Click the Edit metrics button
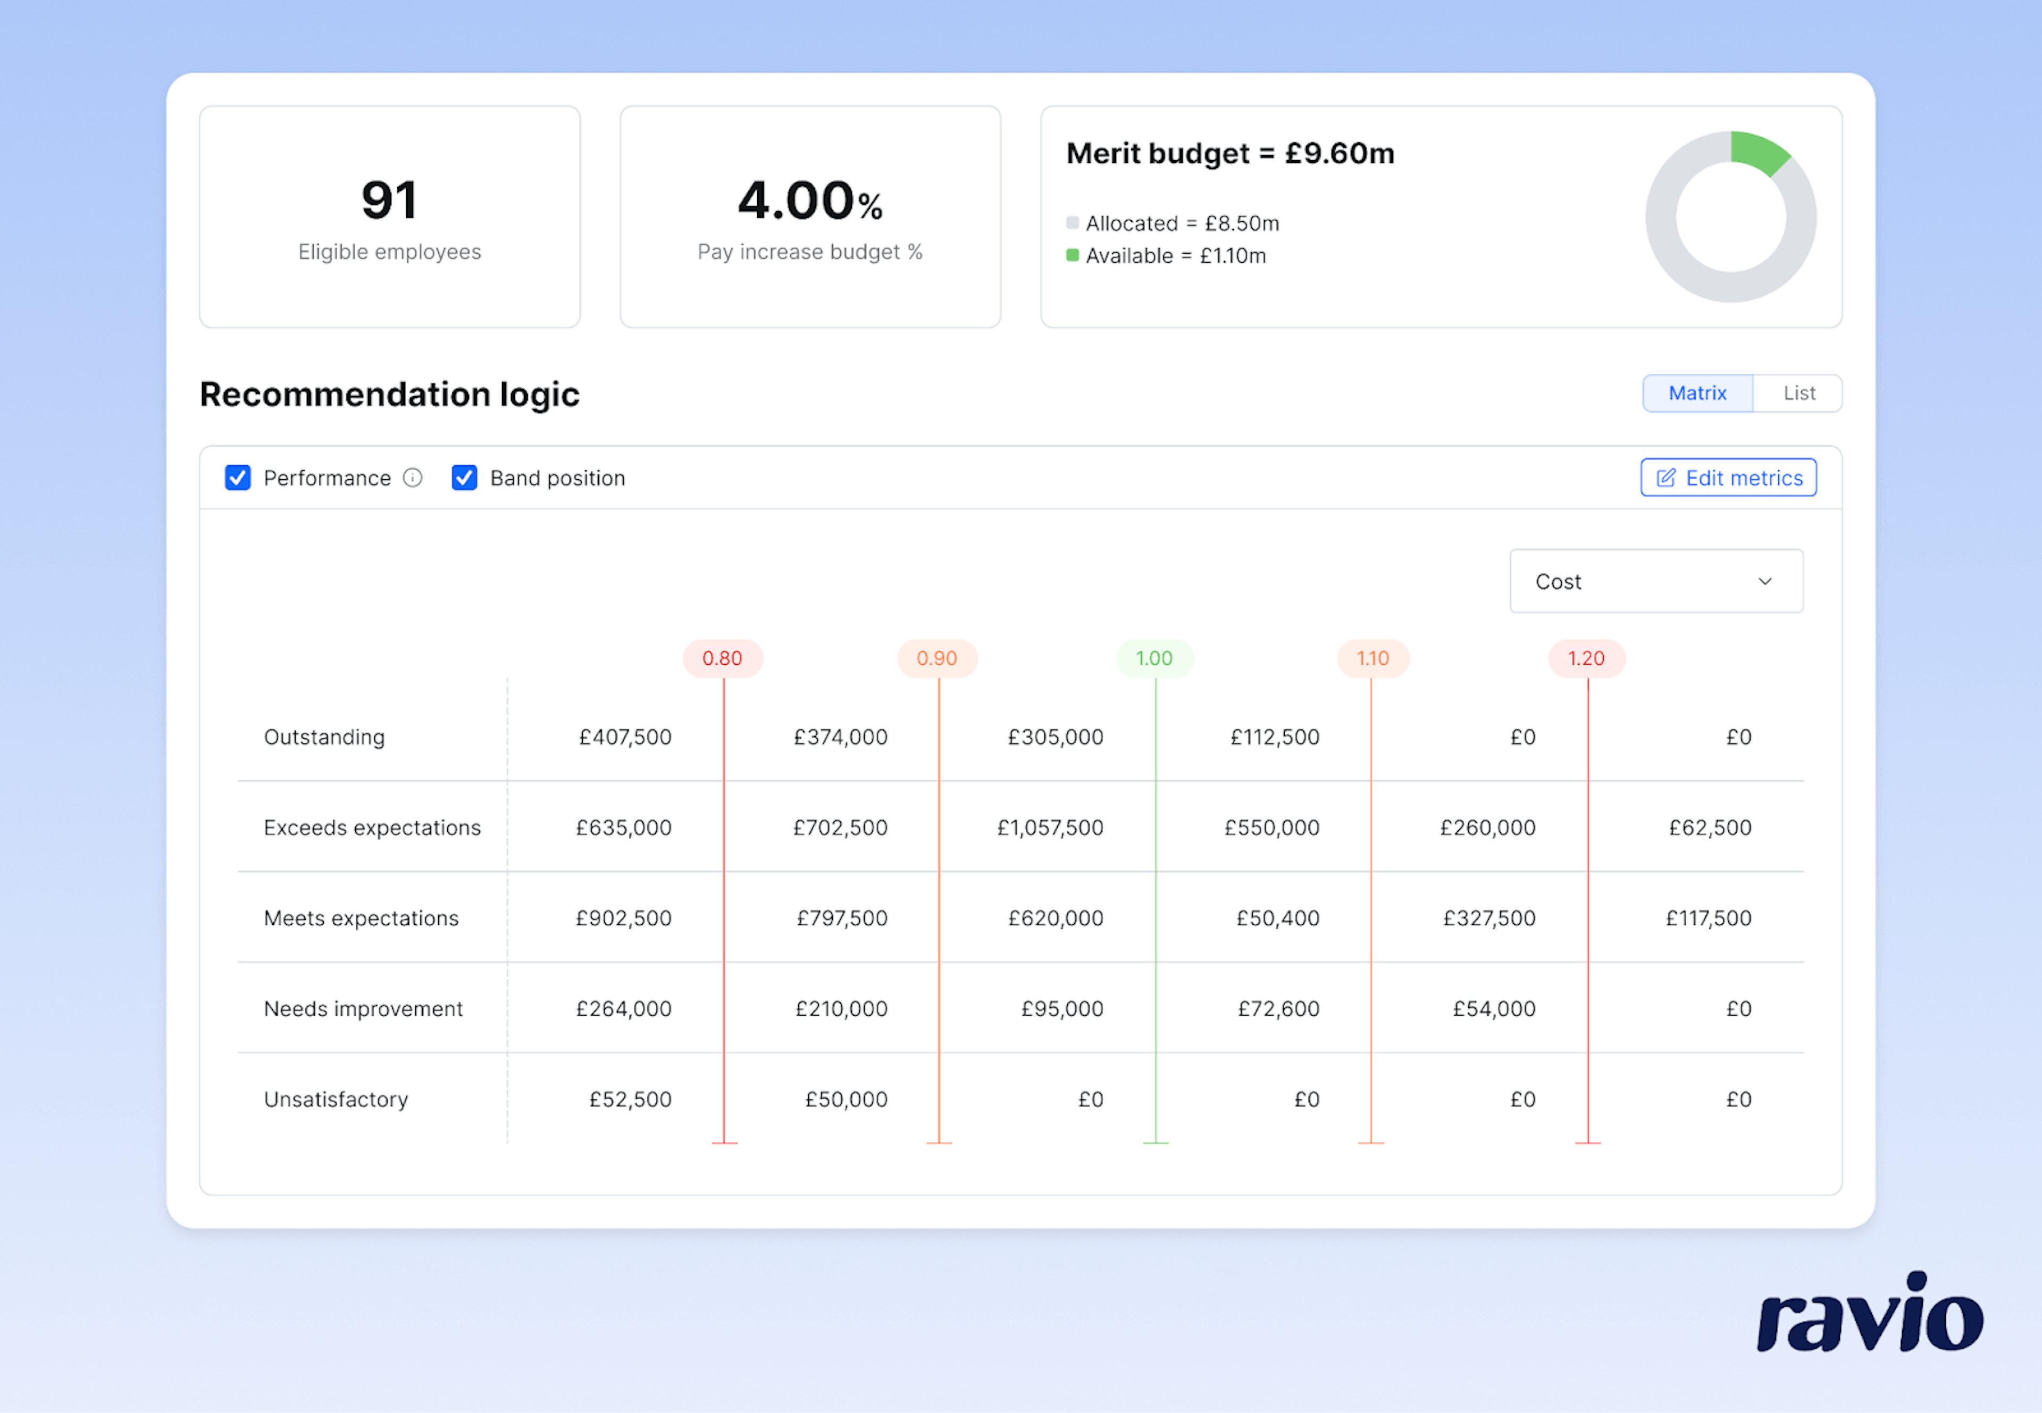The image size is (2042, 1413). click(x=1728, y=478)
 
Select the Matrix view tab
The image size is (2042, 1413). click(x=1697, y=393)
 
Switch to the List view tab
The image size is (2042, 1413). click(x=1798, y=393)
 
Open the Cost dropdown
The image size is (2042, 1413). click(x=1655, y=582)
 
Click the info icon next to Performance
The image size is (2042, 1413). click(x=413, y=478)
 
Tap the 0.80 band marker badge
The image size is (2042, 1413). click(x=722, y=659)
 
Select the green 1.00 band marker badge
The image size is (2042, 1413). click(x=1154, y=659)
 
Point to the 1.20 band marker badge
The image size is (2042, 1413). click(x=1585, y=659)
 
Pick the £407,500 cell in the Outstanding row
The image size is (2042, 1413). click(x=625, y=738)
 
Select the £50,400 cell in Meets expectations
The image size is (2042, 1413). click(x=1277, y=918)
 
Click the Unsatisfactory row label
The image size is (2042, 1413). click(x=336, y=1100)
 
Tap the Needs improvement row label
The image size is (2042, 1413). click(x=363, y=1009)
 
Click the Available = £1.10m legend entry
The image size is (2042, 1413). click(x=1175, y=256)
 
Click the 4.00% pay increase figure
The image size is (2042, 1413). click(x=810, y=201)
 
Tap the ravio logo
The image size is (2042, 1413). click(x=1869, y=1314)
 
